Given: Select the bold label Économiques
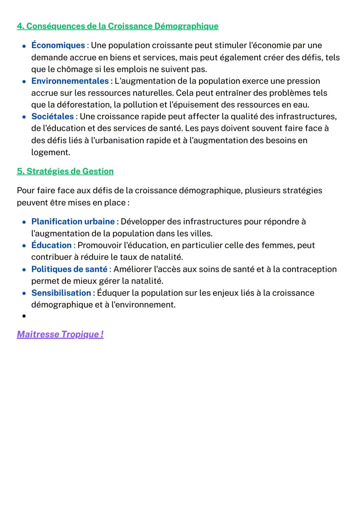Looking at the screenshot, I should (58, 45).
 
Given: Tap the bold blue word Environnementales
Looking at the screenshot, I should (70, 81).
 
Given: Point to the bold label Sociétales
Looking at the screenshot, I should (52, 116).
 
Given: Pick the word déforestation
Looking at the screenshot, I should (84, 105).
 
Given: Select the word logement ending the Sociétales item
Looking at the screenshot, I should (50, 152).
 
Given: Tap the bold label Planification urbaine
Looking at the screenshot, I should (73, 221).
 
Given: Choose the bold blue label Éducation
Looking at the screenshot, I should (51, 245).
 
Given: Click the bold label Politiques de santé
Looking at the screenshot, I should (69, 269).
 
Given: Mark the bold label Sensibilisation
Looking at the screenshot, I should (61, 293).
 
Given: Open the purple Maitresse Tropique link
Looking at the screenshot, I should (60, 334).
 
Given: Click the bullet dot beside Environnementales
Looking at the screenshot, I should (24, 81).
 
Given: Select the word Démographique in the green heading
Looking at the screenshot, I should (186, 26).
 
